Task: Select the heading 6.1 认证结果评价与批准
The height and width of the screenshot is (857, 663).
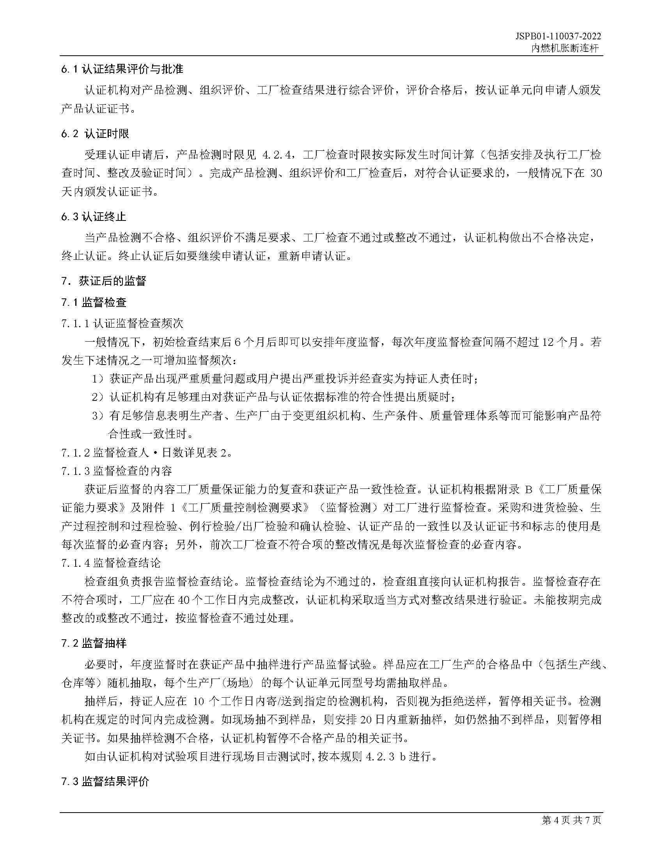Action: pos(122,69)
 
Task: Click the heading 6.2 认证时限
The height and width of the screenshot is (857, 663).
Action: pos(95,134)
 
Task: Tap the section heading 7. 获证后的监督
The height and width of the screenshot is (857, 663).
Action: pos(104,281)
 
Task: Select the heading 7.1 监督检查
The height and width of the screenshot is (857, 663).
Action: pos(94,302)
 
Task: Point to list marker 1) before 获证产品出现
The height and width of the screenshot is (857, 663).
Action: pos(98,379)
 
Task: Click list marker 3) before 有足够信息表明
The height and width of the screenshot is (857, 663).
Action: pos(98,416)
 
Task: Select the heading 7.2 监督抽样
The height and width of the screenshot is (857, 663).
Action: pos(94,643)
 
